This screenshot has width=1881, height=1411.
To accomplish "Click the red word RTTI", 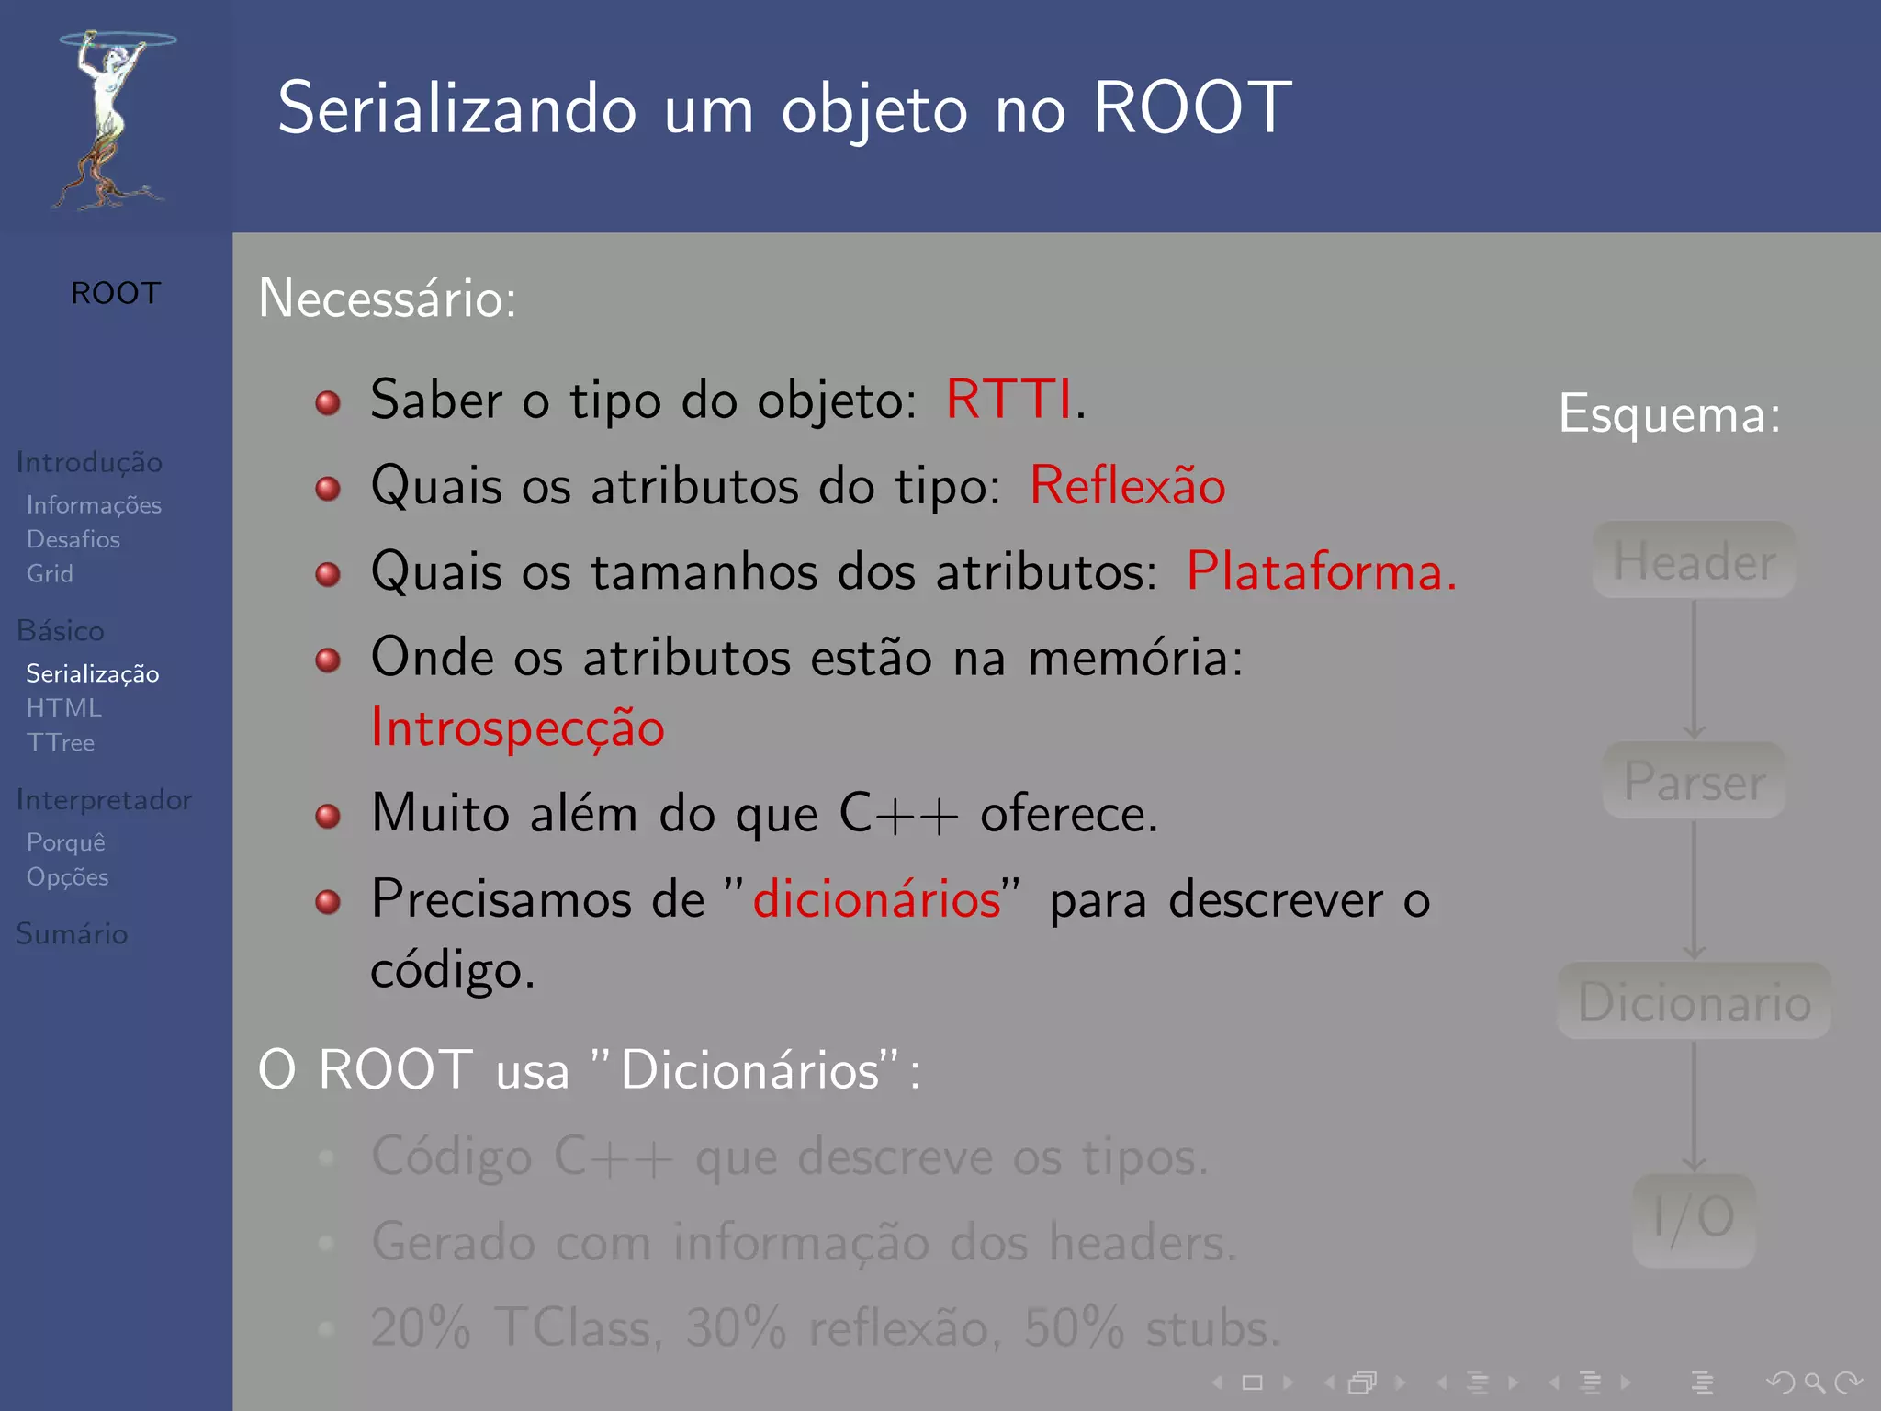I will [x=1008, y=401].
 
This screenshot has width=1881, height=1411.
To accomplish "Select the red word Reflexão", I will [x=1127, y=486].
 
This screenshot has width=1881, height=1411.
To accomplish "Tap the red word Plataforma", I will [x=1321, y=571].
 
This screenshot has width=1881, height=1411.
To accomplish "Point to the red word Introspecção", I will [x=517, y=728].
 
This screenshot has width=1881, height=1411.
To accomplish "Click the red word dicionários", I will [x=876, y=898].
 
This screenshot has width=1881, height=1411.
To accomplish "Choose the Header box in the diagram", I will [x=1694, y=560].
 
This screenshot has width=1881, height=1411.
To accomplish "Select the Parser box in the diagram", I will [x=1694, y=781].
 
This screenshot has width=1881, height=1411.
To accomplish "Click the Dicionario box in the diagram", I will [x=1694, y=1001].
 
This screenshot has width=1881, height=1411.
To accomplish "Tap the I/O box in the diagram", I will [x=1694, y=1218].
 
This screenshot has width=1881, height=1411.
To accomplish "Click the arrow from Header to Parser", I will [x=1694, y=669].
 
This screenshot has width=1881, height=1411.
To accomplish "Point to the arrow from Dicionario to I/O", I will [x=1694, y=1106].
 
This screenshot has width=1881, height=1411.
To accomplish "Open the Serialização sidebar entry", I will [x=93, y=674].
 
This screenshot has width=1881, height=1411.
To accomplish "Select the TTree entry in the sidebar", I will [x=61, y=742].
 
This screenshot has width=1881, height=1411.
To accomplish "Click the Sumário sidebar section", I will [x=72, y=934].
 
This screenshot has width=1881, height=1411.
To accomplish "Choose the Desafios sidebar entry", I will [x=73, y=539].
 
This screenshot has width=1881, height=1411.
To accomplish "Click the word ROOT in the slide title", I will [x=1192, y=108].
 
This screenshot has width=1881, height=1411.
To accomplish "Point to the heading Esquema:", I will [x=1669, y=414].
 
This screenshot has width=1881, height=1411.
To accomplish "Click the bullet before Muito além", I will [x=328, y=816].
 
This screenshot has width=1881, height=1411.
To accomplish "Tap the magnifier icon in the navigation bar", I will [x=1814, y=1382].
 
